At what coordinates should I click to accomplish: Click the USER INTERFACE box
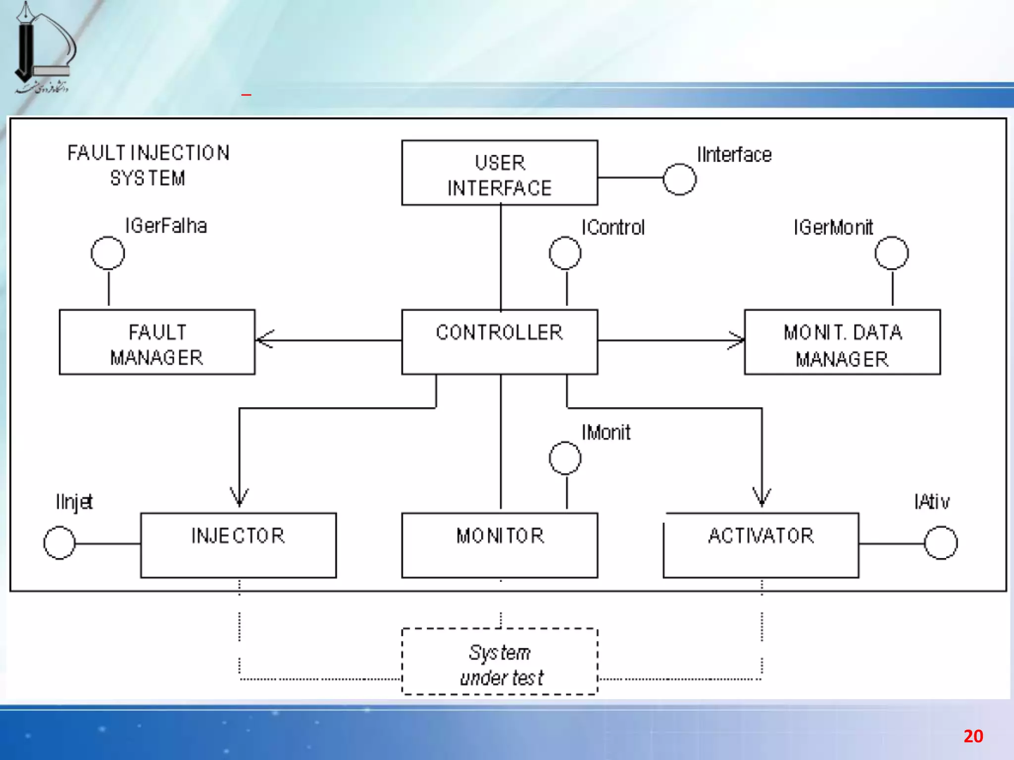(500, 173)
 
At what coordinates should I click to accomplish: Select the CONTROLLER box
(500, 341)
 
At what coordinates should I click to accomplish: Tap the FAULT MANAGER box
(157, 342)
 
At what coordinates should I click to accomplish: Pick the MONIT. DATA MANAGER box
(842, 342)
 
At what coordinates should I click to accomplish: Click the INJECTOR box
(238, 545)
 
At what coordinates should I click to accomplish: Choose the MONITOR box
(500, 545)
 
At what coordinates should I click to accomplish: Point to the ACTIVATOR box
(761, 545)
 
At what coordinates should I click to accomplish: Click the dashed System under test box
(500, 662)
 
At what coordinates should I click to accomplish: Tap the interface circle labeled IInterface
(680, 179)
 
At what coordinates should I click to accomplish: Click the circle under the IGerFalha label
(108, 253)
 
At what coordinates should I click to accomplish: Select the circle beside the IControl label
(565, 253)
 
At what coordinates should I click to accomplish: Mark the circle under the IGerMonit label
(892, 253)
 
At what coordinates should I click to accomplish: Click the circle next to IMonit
(565, 458)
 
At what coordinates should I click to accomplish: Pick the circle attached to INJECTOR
(59, 543)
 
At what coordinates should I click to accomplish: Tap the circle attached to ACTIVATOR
(941, 543)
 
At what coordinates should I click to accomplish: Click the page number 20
(973, 736)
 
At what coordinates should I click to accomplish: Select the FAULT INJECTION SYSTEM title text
(148, 165)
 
